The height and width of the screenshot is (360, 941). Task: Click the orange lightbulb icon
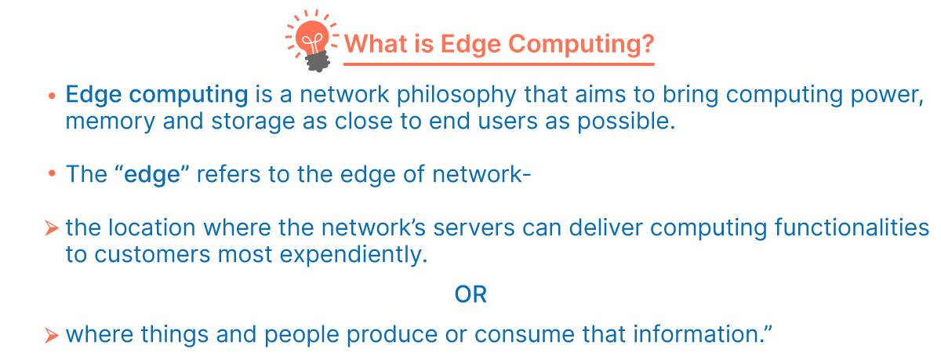pos(312,41)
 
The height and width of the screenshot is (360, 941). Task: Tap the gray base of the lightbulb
pos(318,62)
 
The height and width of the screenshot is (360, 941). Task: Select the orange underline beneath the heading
pos(499,64)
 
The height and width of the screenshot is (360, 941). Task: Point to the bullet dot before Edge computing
pos(52,96)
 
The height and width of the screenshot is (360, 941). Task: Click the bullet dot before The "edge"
pos(52,173)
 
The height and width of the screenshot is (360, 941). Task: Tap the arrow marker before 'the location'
pos(52,228)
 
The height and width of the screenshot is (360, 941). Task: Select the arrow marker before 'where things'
pos(52,335)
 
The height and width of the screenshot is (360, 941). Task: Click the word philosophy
pos(456,96)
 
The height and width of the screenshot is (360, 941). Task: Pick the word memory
pos(110,122)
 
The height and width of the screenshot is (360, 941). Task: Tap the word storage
pos(253,122)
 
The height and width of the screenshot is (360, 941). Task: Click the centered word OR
pos(470,294)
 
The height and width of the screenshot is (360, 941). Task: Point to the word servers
pos(474,228)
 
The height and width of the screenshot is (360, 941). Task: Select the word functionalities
pos(852,227)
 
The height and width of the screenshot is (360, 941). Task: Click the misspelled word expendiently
pos(354,255)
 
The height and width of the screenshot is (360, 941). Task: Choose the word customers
pos(152,255)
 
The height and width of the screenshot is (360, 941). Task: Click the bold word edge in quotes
pos(152,175)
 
